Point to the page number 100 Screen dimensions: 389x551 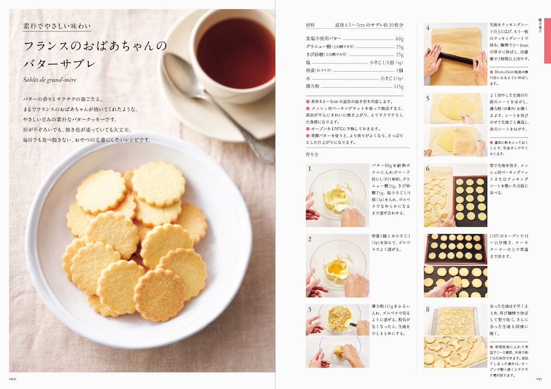12,379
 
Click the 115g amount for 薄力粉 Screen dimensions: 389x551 398,87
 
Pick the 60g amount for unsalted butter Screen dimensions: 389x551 399,39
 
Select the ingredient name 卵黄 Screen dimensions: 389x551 314,71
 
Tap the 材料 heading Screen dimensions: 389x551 311,25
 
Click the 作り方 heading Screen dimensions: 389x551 312,154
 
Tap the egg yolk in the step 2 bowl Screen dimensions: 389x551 335,268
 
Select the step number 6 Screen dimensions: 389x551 427,169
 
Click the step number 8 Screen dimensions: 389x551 427,310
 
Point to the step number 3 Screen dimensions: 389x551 310,310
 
